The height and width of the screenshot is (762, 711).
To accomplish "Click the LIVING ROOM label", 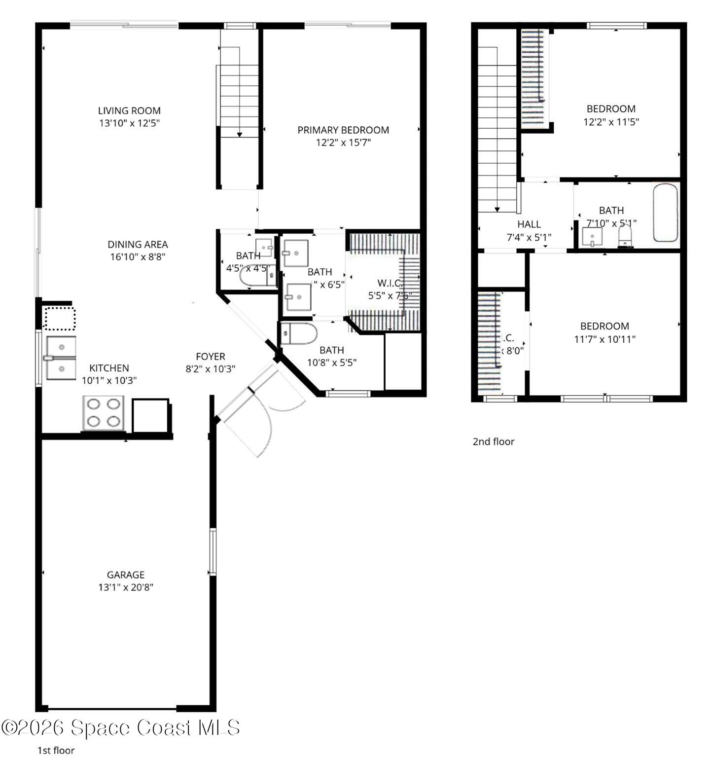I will (129, 111).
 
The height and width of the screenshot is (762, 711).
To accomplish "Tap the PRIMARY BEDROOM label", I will (343, 130).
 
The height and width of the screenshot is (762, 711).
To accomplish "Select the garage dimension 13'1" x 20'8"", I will (126, 587).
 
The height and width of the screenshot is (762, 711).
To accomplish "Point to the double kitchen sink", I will (61, 358).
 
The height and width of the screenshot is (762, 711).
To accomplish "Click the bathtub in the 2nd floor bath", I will (666, 213).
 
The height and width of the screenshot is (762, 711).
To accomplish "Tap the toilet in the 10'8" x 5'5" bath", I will (298, 334).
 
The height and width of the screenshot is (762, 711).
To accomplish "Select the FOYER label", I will (211, 357).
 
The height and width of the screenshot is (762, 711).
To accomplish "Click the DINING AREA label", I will (138, 245).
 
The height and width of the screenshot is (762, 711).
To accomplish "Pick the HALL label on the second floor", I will (529, 224).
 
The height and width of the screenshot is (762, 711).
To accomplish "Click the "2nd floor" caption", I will (493, 442).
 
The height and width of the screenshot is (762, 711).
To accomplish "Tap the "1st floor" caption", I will (56, 751).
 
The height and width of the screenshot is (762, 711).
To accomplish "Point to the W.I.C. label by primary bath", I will (390, 284).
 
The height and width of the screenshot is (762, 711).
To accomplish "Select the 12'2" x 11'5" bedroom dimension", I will (611, 122).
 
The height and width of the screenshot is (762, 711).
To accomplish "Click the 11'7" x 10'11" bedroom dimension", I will (604, 339).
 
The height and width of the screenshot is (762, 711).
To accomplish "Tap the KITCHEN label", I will (109, 368).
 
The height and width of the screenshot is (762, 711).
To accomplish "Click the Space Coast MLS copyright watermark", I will (121, 728).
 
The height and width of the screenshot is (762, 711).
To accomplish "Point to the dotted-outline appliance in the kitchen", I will (60, 318).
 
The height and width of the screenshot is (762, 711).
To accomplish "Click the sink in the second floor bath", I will (591, 237).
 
